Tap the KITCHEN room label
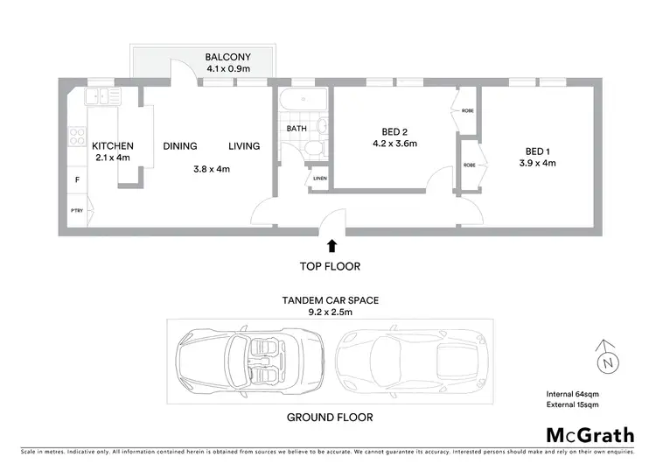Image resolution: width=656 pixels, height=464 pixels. [x=113, y=146]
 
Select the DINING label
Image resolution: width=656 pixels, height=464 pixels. [x=179, y=146]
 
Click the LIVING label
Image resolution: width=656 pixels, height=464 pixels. [x=244, y=146]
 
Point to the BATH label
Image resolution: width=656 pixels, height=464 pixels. [x=297, y=129]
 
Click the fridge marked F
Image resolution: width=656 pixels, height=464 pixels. [x=76, y=180]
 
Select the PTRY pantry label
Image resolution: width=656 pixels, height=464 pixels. [x=77, y=210]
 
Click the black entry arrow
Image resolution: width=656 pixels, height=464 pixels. [x=331, y=248]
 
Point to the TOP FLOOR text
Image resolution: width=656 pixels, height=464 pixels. [x=331, y=266]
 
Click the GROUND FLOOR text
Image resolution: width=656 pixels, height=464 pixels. [x=330, y=418]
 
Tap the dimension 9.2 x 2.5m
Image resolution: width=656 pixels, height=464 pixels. [x=330, y=312]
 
